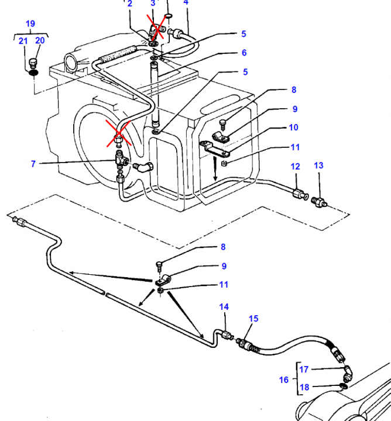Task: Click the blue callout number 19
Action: [x=30, y=23]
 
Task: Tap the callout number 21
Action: [x=23, y=41]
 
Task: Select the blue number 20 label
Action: [x=40, y=40]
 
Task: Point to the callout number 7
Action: [x=33, y=164]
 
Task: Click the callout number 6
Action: [x=244, y=53]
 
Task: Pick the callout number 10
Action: [x=293, y=127]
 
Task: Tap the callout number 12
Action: [x=295, y=167]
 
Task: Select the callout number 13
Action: [x=318, y=165]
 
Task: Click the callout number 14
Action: [x=224, y=306]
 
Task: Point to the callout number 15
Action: [x=253, y=319]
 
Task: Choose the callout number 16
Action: [x=284, y=379]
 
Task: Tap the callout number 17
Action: [x=304, y=370]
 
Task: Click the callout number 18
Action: [x=304, y=387]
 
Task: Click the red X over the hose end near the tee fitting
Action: [x=118, y=133]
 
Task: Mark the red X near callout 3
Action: [x=157, y=27]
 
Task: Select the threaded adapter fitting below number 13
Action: [x=319, y=202]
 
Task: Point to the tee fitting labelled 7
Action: [x=121, y=159]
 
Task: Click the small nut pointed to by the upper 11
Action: [x=224, y=163]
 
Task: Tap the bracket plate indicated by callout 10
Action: [x=214, y=149]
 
